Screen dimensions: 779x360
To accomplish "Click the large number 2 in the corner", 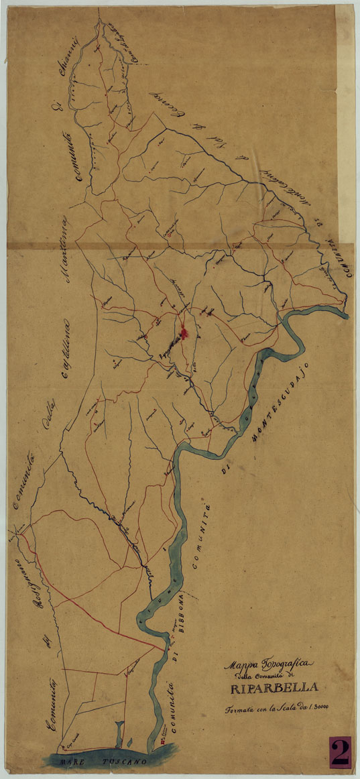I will point(340,752).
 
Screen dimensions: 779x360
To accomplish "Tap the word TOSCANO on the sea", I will point(123,763).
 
